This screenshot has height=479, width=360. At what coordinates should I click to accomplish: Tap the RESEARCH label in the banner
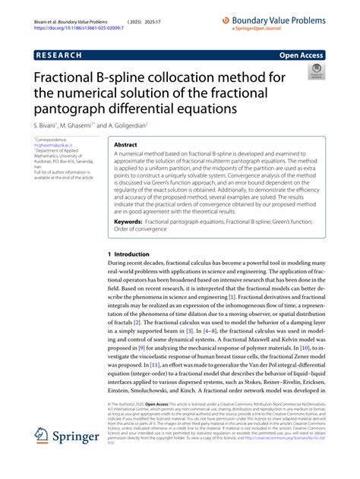(62, 55)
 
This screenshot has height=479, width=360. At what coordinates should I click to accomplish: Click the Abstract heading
(125, 143)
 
